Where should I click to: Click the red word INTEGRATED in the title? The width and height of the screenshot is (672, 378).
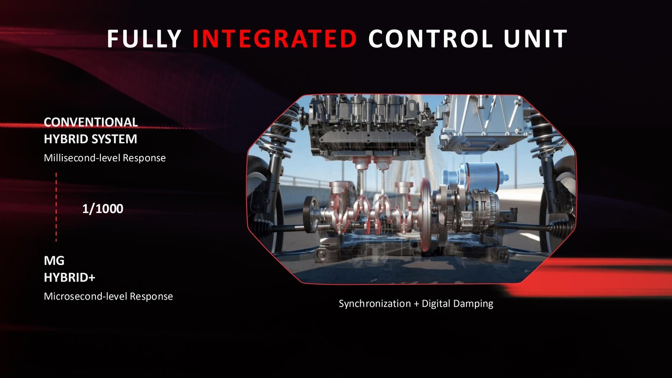(275, 39)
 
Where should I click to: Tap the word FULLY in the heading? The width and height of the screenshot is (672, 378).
(144, 39)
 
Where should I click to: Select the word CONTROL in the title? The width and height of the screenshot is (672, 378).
(431, 39)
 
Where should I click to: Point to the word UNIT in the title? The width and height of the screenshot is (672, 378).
(536, 39)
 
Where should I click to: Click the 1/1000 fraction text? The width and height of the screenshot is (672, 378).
(103, 209)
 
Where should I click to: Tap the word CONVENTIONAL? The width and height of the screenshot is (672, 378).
(91, 122)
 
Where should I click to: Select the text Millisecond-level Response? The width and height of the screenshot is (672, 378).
(105, 158)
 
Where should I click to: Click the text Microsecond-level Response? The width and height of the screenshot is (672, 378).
(108, 296)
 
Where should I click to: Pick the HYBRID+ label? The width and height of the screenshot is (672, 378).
(69, 278)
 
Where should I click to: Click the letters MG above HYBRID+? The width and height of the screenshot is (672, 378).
(54, 261)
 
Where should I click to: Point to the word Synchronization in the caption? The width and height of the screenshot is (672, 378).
(375, 304)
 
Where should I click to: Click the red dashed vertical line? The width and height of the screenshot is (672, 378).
(56, 207)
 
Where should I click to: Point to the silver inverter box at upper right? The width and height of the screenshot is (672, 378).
(483, 123)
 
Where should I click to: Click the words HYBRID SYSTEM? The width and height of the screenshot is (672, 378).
(90, 139)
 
